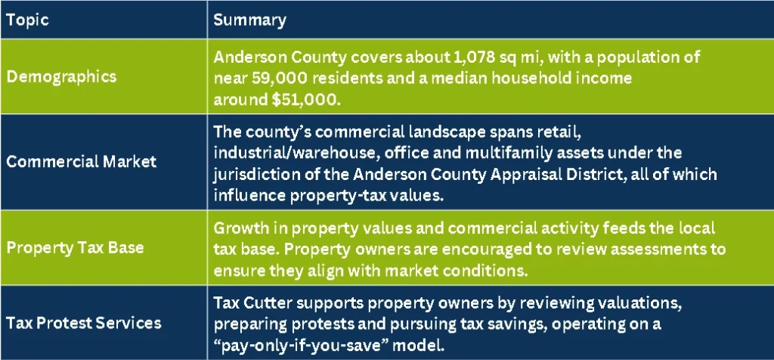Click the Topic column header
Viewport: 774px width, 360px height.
(27, 20)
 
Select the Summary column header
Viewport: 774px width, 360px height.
(249, 20)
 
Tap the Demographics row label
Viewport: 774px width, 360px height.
(62, 76)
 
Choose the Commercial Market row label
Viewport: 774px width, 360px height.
(82, 161)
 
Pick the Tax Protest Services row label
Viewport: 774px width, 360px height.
(84, 323)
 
